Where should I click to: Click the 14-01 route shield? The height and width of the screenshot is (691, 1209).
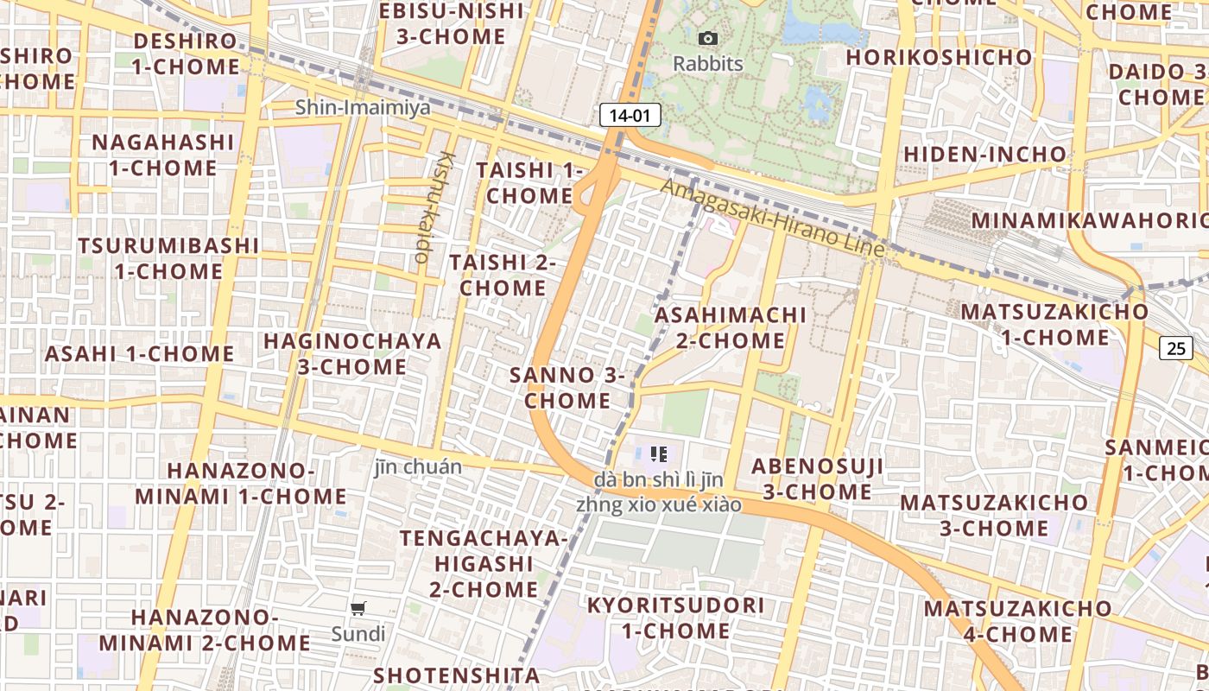(630, 115)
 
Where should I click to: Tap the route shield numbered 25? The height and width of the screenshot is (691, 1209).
(1176, 348)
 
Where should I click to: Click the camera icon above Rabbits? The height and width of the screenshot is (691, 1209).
(708, 38)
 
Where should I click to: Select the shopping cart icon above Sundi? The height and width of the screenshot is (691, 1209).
(358, 608)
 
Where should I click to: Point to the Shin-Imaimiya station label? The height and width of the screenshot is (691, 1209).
(363, 107)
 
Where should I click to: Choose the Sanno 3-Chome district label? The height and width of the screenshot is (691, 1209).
(567, 388)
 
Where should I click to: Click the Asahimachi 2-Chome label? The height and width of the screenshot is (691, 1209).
(731, 327)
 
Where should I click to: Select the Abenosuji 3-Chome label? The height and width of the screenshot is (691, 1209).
(817, 479)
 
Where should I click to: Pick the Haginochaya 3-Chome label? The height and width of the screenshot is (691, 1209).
(352, 353)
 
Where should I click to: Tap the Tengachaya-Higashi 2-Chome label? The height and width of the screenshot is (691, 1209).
(484, 563)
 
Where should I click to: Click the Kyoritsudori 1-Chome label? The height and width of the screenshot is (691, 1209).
(676, 618)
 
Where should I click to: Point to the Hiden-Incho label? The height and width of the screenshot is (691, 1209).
(984, 155)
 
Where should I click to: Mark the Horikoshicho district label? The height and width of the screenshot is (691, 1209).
(940, 57)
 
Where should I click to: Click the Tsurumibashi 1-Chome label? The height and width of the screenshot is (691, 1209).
(168, 258)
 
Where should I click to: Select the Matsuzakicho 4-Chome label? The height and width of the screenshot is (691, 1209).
(1006, 621)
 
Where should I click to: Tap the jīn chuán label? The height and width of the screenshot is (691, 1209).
(418, 466)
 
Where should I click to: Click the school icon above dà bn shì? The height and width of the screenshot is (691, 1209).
(659, 454)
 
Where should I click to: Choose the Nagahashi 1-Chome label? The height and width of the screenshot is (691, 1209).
(163, 155)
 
